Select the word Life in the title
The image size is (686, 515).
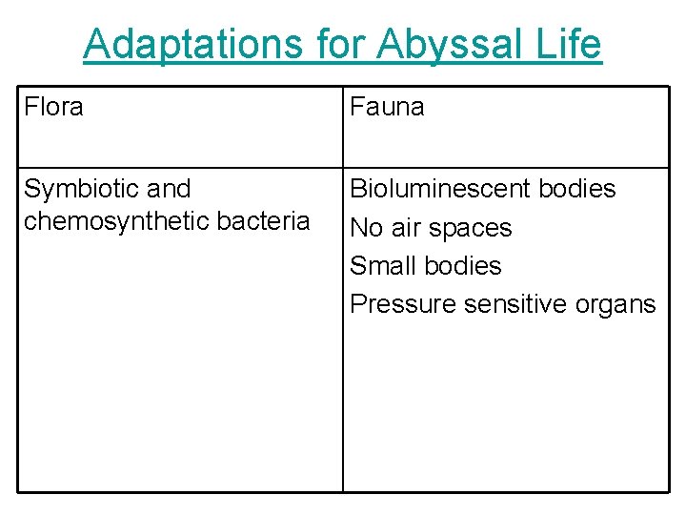[x=570, y=44]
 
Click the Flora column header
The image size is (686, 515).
[x=53, y=107]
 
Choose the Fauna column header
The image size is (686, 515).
[x=387, y=107]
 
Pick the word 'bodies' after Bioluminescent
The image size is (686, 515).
[x=577, y=189]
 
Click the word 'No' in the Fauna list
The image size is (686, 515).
[x=367, y=228]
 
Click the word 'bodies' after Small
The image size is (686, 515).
[x=462, y=265]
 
